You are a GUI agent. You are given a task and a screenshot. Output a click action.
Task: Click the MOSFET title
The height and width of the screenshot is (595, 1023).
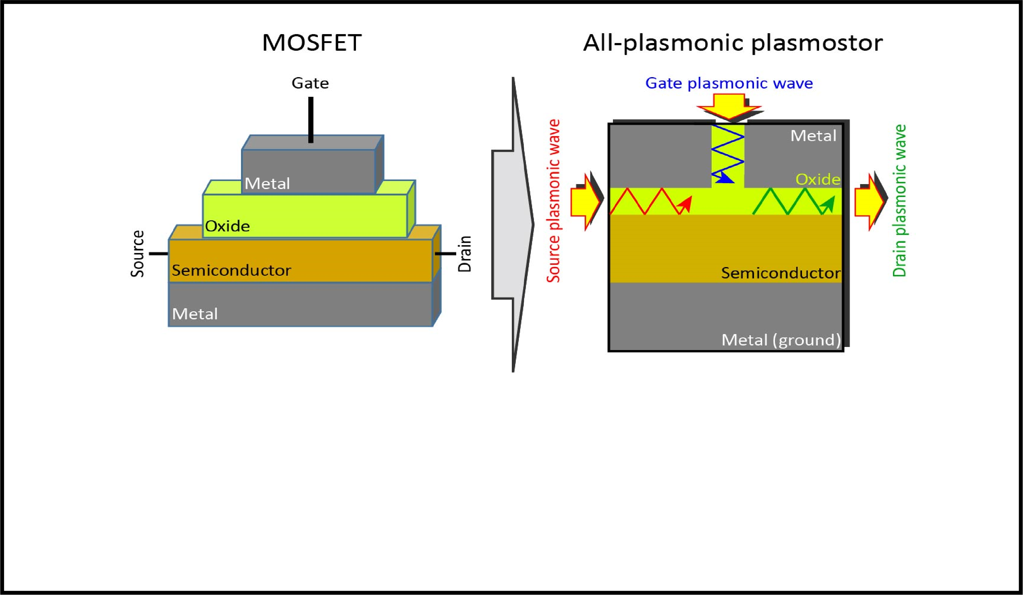point(312,43)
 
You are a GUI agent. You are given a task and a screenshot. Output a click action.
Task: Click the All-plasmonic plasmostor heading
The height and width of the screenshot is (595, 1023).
point(733,43)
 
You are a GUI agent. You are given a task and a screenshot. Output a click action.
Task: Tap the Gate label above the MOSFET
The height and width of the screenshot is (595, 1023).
point(310,83)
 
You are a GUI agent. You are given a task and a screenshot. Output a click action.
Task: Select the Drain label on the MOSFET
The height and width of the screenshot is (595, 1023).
point(465,254)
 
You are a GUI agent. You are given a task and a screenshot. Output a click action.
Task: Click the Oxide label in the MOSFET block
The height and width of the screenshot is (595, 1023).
point(227,226)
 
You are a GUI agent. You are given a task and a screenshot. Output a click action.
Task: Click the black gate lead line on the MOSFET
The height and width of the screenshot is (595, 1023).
point(310,120)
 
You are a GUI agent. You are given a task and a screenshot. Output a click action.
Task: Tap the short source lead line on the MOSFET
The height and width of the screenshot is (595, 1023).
point(158,254)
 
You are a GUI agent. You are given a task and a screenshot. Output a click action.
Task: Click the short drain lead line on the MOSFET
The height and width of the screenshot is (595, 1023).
point(445,254)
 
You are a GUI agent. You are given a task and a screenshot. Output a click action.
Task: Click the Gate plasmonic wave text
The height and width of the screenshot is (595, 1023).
point(729,83)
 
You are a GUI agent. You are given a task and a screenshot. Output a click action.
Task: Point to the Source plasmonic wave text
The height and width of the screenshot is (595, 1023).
point(553,201)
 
